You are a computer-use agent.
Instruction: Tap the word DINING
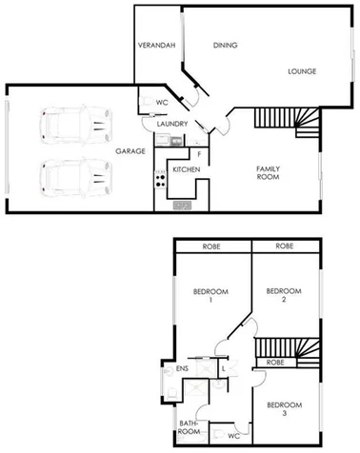tap(225, 45)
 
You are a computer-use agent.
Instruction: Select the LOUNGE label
tap(303, 71)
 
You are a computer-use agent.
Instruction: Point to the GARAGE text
tap(130, 151)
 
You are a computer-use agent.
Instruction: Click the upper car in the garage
tap(72, 125)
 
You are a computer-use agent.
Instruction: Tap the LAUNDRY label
tap(172, 124)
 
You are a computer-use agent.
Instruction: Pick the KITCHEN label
tap(186, 169)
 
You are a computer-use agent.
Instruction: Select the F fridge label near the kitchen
tap(199, 152)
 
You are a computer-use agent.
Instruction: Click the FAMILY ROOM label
tap(269, 173)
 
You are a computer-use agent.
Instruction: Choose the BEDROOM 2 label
tap(283, 295)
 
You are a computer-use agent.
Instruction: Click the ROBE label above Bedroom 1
tap(210, 246)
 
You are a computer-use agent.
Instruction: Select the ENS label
tap(182, 368)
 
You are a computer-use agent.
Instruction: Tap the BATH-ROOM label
tap(190, 427)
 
